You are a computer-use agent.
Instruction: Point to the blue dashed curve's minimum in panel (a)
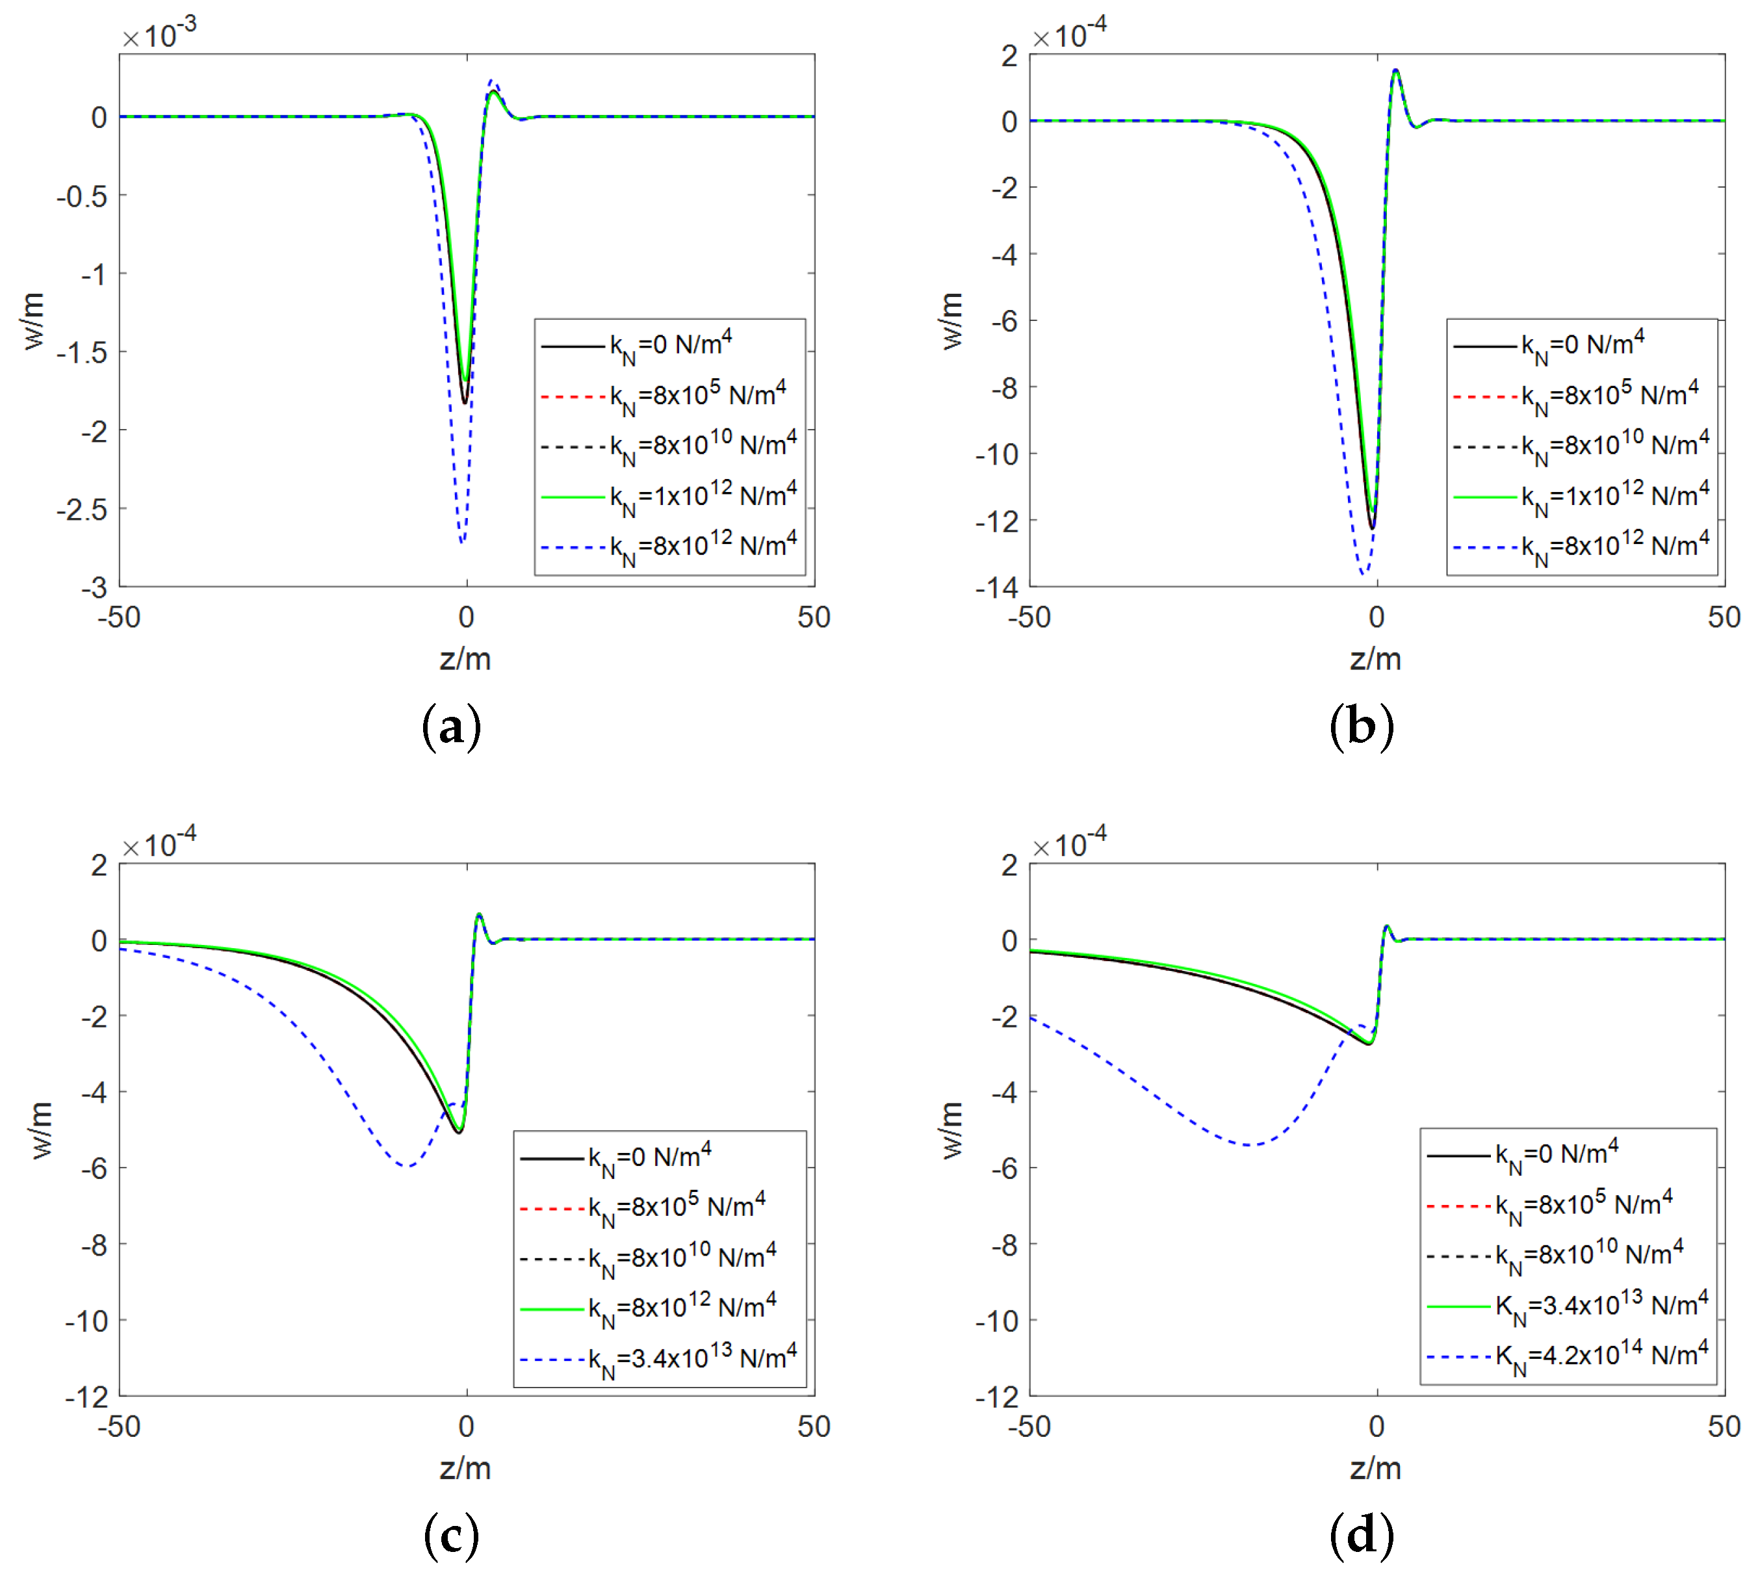click(x=463, y=541)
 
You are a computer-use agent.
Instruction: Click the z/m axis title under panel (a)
click(x=466, y=659)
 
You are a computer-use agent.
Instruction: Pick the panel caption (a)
click(x=451, y=727)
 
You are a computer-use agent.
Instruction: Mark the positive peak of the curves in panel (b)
click(x=1395, y=71)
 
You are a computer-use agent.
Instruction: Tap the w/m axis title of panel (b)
click(x=951, y=320)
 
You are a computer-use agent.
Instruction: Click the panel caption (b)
click(x=1362, y=727)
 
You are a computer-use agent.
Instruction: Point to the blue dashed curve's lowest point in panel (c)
click(x=407, y=1167)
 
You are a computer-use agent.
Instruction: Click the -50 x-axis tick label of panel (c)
click(x=119, y=1426)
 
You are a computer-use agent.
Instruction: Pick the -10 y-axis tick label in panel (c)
click(x=86, y=1321)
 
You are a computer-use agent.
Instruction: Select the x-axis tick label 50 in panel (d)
click(x=1724, y=1426)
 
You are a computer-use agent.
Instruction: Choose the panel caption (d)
click(x=1362, y=1536)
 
